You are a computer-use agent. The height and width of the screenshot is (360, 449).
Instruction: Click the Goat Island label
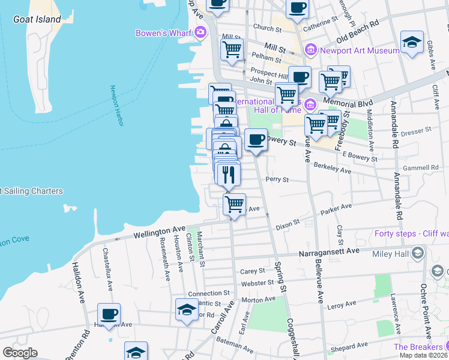[37, 19]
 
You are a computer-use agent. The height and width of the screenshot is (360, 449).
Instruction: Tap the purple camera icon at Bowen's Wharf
[200, 32]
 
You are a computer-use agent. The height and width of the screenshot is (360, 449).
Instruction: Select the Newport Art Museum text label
[359, 50]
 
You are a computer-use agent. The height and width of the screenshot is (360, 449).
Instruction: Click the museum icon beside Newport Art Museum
[310, 50]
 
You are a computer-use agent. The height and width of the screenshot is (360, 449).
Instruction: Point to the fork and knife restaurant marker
[229, 175]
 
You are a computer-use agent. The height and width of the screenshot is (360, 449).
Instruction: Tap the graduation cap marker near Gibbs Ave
[412, 42]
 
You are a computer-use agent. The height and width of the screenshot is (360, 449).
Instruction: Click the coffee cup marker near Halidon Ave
[109, 314]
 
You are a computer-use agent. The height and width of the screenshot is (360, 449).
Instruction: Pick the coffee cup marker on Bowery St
[256, 140]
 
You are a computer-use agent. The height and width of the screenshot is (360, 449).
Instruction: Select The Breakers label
[417, 347]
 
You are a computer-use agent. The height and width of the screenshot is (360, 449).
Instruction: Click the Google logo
[20, 352]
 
